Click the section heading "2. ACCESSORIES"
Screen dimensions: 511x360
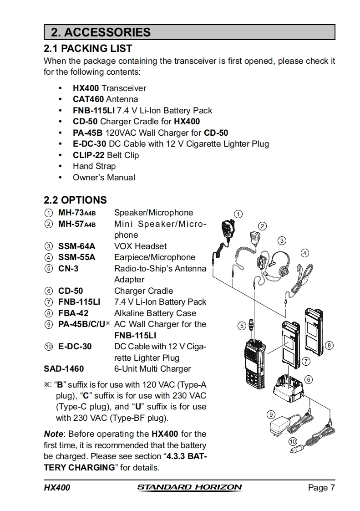tap(101, 32)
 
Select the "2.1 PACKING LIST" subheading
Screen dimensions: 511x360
tap(88, 48)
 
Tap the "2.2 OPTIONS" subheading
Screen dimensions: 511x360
tap(75, 200)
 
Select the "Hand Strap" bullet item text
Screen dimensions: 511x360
tap(94, 166)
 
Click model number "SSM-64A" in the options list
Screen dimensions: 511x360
tap(77, 246)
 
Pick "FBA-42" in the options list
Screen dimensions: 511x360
tap(73, 313)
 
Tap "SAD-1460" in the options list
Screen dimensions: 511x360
tap(64, 369)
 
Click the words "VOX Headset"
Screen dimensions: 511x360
tap(140, 246)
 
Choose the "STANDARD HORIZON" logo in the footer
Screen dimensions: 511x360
tap(189, 487)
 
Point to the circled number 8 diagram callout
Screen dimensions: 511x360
tap(329, 345)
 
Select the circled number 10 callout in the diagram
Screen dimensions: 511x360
tap(293, 441)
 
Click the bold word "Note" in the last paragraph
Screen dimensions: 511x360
tap(53, 434)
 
